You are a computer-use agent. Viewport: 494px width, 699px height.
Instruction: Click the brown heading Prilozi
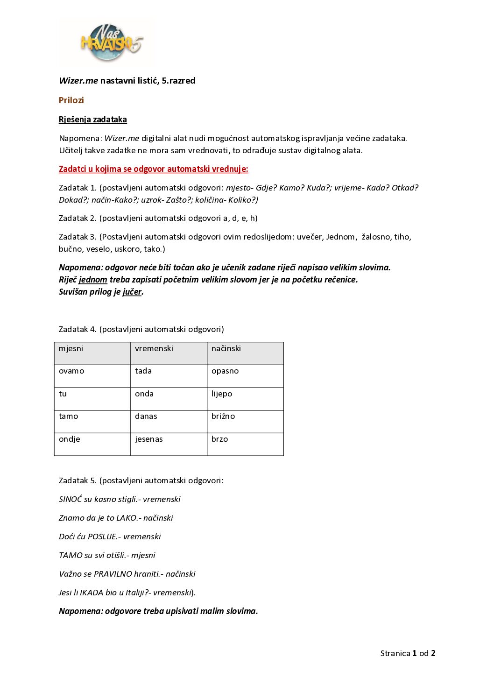click(71, 100)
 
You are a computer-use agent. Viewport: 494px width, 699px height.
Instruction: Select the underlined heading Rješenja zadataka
click(93, 120)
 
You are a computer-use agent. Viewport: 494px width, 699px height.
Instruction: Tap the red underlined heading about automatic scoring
click(154, 169)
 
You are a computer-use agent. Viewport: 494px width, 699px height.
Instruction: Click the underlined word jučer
click(132, 292)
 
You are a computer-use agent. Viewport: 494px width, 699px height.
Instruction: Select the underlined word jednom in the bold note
click(93, 280)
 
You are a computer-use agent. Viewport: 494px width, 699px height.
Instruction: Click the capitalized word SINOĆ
click(70, 499)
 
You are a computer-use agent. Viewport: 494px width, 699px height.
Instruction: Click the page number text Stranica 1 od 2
click(408, 653)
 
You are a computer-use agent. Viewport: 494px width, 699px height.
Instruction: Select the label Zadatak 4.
click(78, 329)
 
